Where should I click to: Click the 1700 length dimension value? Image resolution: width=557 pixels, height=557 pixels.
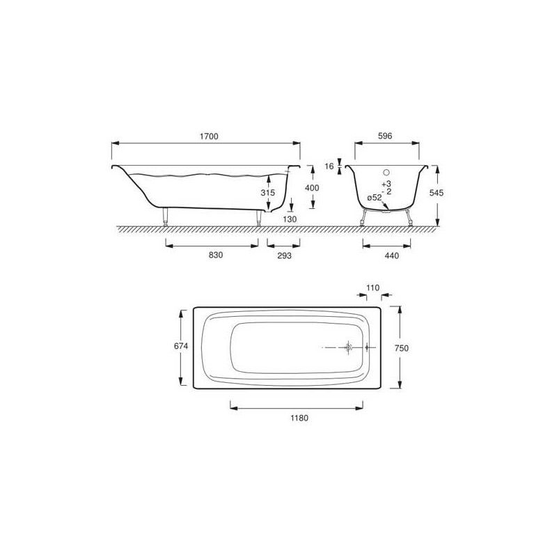(209, 136)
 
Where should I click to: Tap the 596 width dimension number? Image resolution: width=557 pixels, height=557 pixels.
(385, 136)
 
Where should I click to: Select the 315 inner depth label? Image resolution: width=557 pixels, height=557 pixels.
(268, 193)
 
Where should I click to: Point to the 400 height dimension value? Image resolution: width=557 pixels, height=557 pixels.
(312, 188)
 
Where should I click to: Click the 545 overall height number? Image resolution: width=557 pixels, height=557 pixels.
(437, 193)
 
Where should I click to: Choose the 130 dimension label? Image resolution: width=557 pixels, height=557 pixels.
(290, 219)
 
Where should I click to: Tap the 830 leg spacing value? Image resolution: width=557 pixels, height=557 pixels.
(216, 255)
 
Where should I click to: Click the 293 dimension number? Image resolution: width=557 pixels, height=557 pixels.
(284, 256)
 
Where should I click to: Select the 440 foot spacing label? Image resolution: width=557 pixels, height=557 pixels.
(392, 256)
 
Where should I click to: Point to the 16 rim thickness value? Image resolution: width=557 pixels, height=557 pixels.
(329, 166)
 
